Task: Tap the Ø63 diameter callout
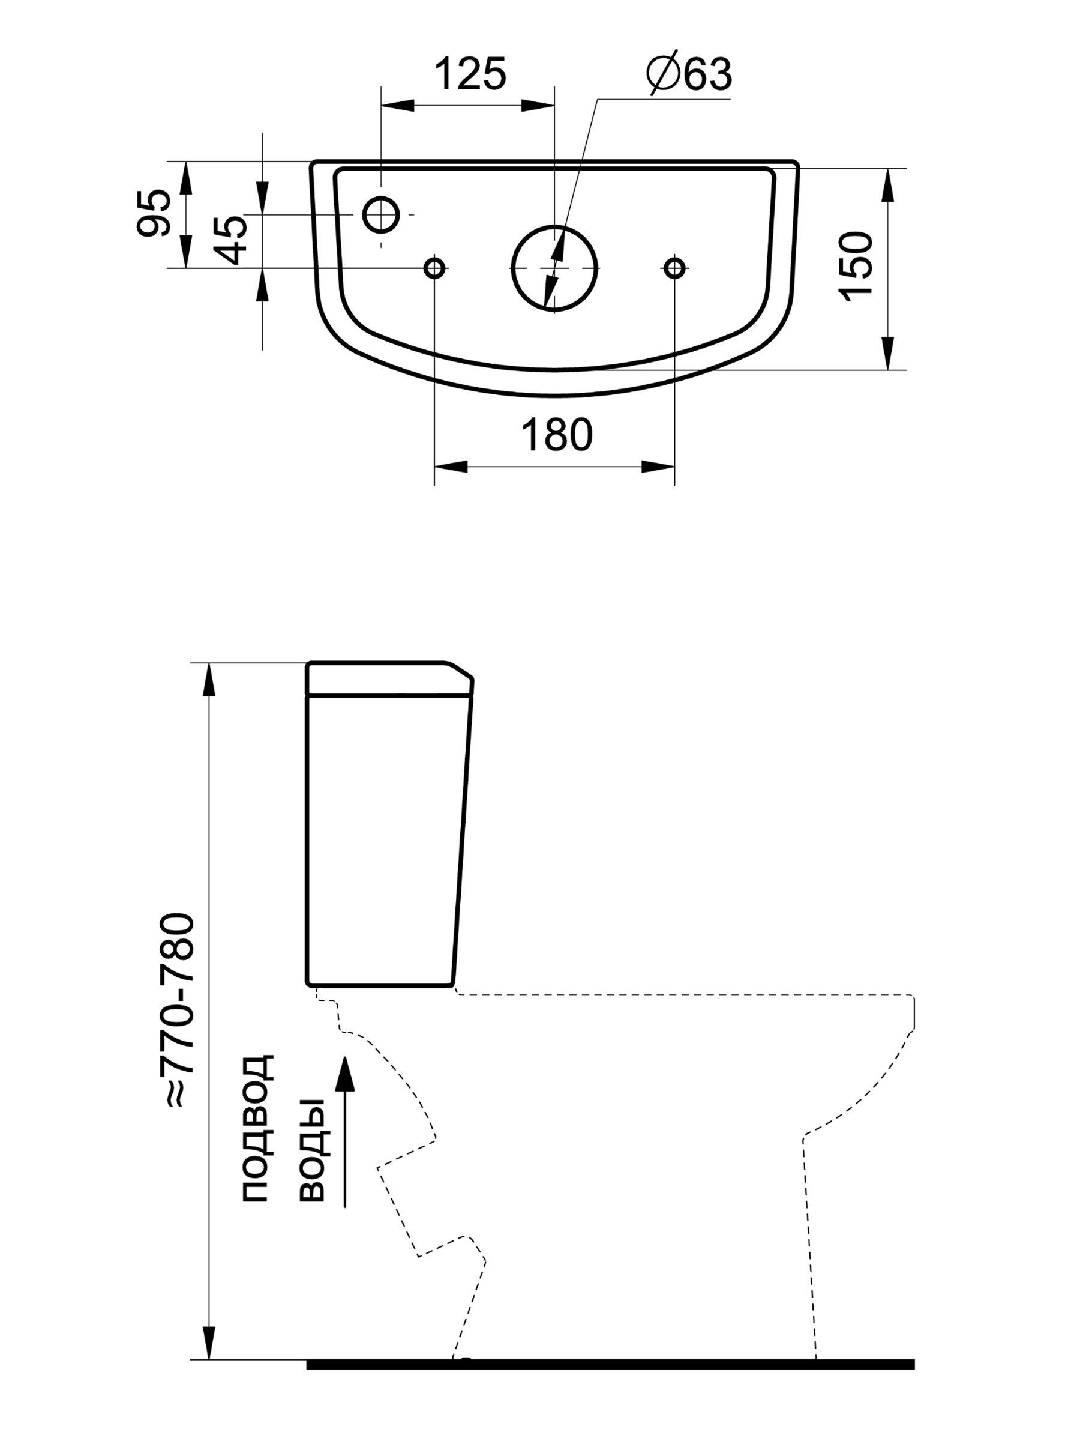pos(689,73)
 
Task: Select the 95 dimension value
pos(154,213)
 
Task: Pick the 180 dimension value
pos(557,435)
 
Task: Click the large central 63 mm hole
pos(554,268)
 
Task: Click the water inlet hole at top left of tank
pos(381,214)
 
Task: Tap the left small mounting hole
pos(434,268)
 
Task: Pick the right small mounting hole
pos(674,268)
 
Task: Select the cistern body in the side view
pos(384,841)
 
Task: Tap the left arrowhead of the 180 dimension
pos(451,467)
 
